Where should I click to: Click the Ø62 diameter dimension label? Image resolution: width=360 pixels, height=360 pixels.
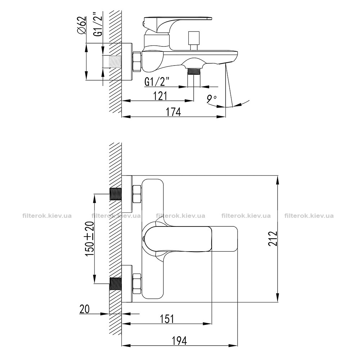[x=82, y=26]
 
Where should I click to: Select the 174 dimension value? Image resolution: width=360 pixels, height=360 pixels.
[x=174, y=112]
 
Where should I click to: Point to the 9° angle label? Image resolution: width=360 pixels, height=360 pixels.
[x=211, y=99]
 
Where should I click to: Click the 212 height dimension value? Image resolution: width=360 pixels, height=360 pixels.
[x=273, y=239]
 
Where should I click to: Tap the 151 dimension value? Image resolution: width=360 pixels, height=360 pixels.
[x=167, y=319]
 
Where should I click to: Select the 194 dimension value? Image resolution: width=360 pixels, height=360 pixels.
[x=179, y=341]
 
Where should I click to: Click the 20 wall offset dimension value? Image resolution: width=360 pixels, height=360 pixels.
[x=85, y=309]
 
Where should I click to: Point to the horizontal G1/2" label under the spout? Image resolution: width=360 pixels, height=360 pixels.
[x=157, y=81]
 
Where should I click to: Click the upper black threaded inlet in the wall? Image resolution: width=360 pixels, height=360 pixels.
[x=116, y=194]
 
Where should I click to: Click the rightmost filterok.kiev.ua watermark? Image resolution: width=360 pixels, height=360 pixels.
[x=309, y=216]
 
